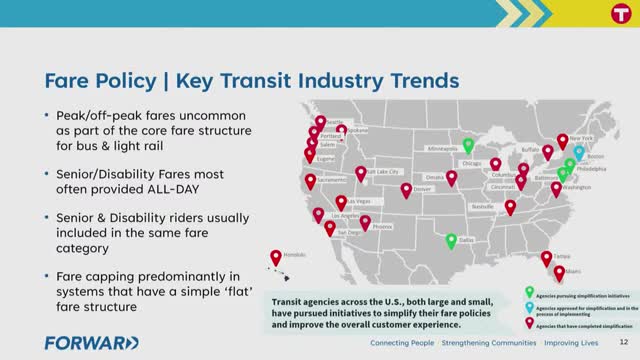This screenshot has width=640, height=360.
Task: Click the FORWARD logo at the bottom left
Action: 91,343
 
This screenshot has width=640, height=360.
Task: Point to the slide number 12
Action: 623,343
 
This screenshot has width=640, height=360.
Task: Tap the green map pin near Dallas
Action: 452,241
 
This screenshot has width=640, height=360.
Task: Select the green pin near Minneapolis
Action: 468,145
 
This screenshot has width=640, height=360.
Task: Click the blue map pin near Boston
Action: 579,152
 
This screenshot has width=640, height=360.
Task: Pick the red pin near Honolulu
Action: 276,258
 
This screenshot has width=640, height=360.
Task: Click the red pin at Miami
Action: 559,272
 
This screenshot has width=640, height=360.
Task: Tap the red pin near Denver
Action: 406,189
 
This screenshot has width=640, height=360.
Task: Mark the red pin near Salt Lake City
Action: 360,173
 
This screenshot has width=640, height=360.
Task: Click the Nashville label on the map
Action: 484,206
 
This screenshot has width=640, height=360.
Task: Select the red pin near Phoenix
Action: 365,222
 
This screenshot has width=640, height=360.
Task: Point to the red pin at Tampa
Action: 546,258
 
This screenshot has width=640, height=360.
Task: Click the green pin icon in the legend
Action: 529,291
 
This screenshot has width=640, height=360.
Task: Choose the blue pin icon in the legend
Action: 529,307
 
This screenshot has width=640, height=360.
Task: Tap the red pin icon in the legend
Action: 529,323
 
